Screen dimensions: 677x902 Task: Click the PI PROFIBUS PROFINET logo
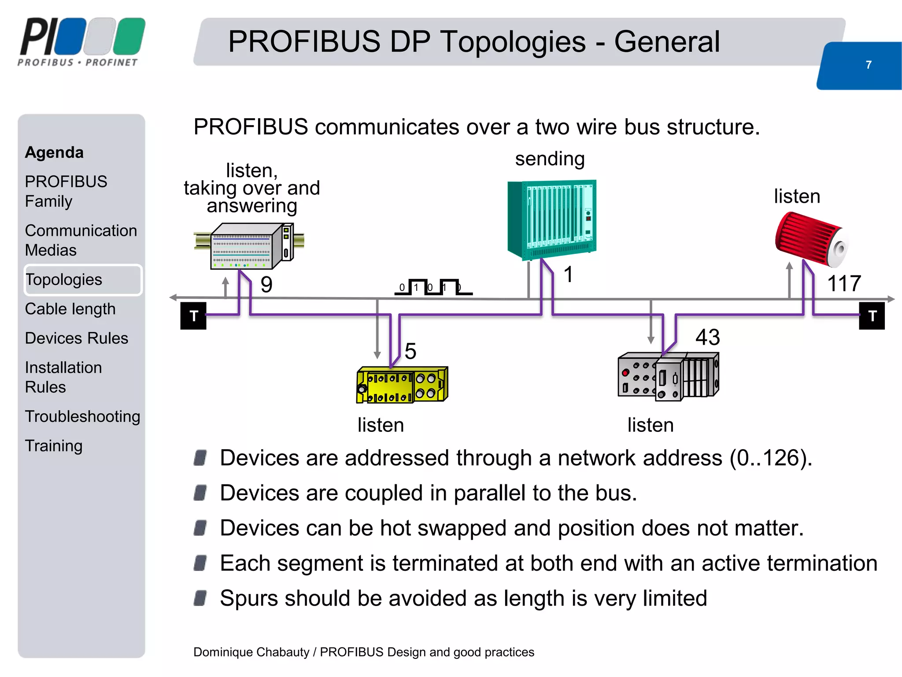point(81,42)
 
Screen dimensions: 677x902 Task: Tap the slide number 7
point(868,65)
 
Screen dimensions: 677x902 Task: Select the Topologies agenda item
point(64,279)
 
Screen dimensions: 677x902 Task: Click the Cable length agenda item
point(70,309)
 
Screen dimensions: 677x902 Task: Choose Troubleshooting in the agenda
point(82,417)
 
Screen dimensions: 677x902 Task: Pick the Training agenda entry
point(54,446)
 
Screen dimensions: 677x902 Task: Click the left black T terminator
point(193,316)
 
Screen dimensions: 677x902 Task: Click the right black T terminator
point(872,316)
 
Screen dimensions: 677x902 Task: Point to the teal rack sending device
point(552,219)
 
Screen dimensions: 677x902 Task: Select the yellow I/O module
point(402,384)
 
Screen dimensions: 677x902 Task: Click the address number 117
point(844,283)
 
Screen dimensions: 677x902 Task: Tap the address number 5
point(410,351)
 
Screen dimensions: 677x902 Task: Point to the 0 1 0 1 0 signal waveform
point(433,287)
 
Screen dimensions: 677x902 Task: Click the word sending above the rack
point(550,159)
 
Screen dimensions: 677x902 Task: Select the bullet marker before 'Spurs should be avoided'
point(200,598)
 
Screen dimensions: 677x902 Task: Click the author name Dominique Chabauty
point(251,652)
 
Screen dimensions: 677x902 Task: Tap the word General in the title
point(667,42)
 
